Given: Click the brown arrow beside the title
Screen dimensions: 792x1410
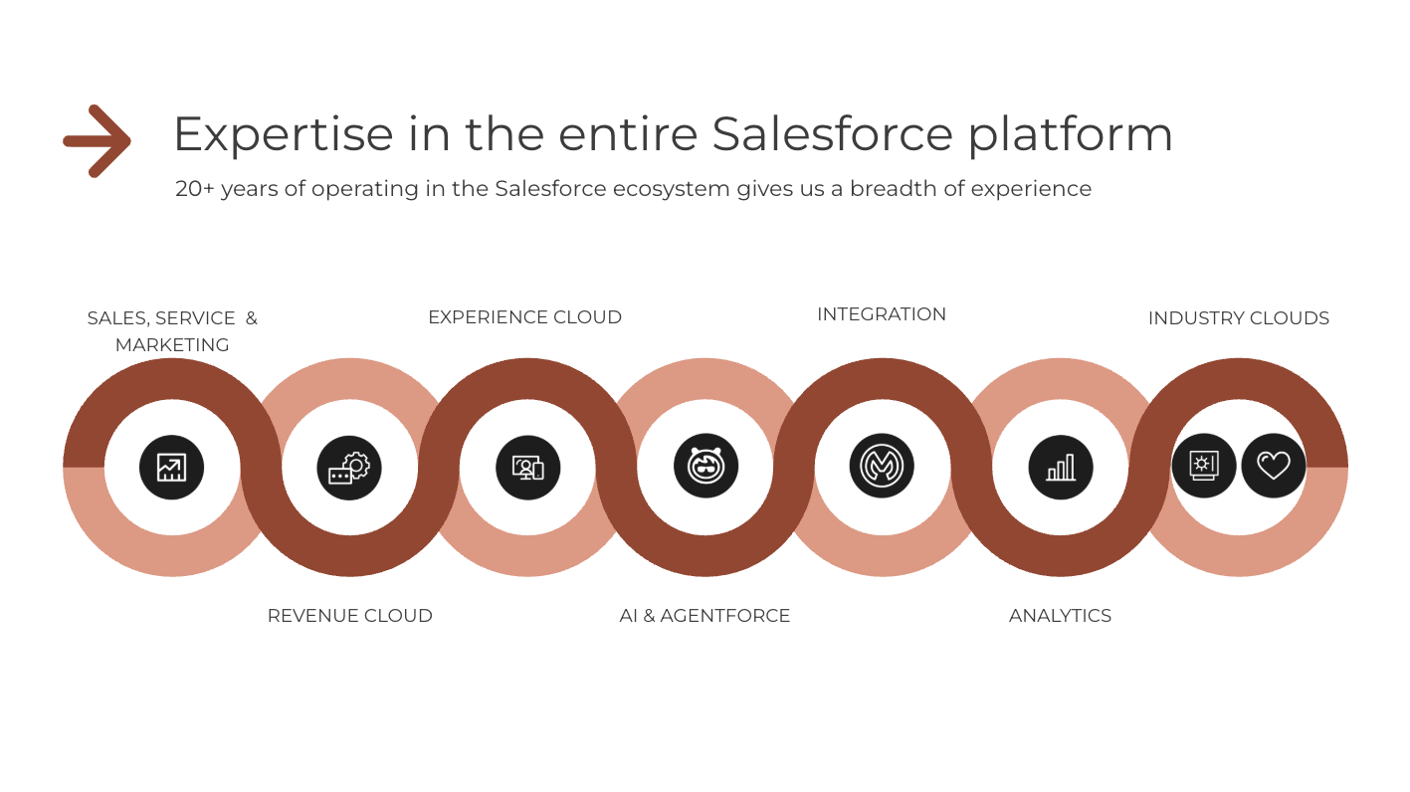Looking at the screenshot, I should (x=98, y=140).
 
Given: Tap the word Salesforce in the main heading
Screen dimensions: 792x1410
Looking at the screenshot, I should (x=832, y=134).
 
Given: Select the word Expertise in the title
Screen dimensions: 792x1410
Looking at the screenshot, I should (x=283, y=134).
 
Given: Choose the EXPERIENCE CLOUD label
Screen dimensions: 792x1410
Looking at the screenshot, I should (x=524, y=317).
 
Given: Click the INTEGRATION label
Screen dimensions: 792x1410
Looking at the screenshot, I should (x=881, y=314).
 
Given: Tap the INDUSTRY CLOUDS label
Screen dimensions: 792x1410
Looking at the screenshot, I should (x=1238, y=318).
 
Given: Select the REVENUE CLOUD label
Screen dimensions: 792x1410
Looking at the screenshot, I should (x=349, y=616).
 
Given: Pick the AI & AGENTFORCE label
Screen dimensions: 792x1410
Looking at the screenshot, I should (x=705, y=616).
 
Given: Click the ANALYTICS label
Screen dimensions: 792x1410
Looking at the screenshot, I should (x=1060, y=616).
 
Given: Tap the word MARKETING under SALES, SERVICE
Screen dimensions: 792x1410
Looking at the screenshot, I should (x=172, y=345).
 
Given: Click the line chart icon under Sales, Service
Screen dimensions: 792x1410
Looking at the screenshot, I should (x=171, y=467).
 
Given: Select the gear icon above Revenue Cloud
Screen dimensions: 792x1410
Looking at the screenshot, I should (x=349, y=467).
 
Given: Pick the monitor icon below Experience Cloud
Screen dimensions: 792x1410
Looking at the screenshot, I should (x=527, y=467).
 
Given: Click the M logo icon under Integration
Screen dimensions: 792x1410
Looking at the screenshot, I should (x=882, y=466).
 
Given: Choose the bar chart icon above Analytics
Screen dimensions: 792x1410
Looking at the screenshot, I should (x=1061, y=467).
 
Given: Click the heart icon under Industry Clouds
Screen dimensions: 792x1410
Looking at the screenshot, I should (x=1273, y=466).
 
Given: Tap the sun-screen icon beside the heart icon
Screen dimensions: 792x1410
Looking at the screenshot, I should (x=1203, y=466).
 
